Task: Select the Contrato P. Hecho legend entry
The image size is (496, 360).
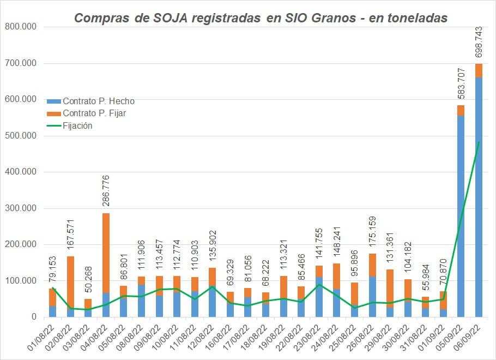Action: pyautogui.click(x=98, y=101)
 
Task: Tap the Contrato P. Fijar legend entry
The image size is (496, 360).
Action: pyautogui.click(x=96, y=113)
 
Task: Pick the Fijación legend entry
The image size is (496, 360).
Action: pyautogui.click(x=77, y=125)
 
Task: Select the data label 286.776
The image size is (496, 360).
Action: pyautogui.click(x=106, y=193)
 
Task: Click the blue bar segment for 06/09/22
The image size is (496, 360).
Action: pyautogui.click(x=479, y=196)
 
